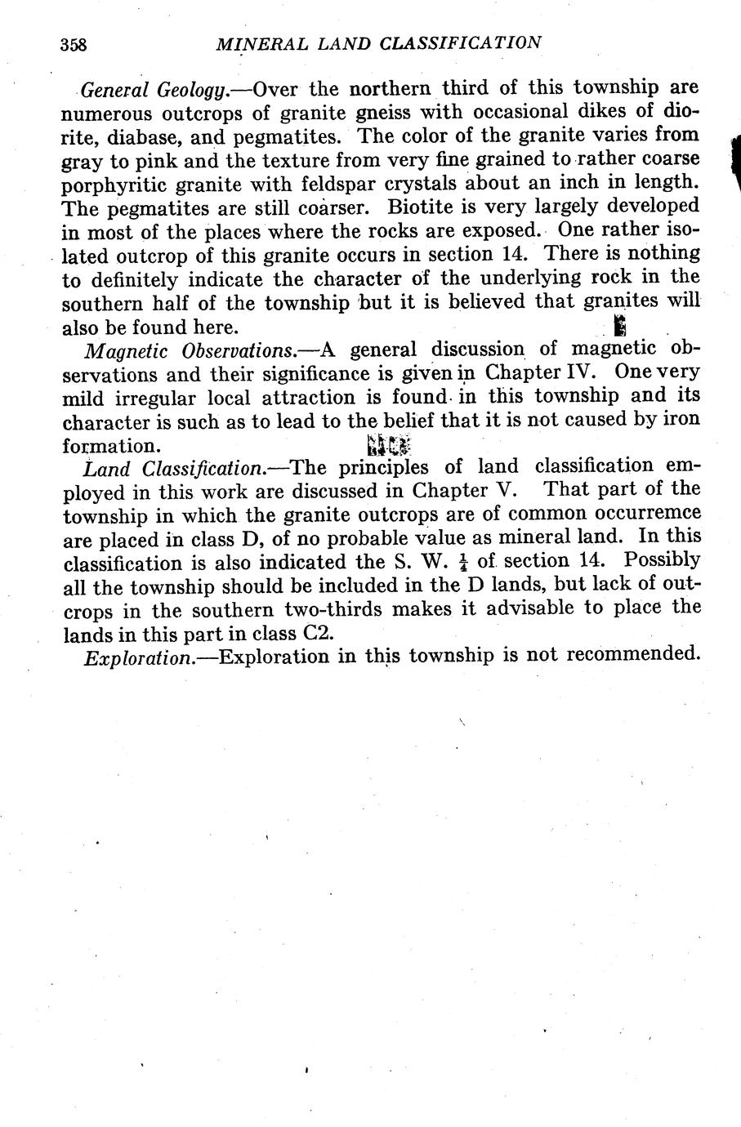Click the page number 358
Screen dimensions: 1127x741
[x=74, y=44]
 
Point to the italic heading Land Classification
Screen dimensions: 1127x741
[x=175, y=469]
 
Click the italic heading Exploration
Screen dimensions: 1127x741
[x=136, y=657]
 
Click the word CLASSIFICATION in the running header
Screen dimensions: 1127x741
[x=460, y=42]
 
